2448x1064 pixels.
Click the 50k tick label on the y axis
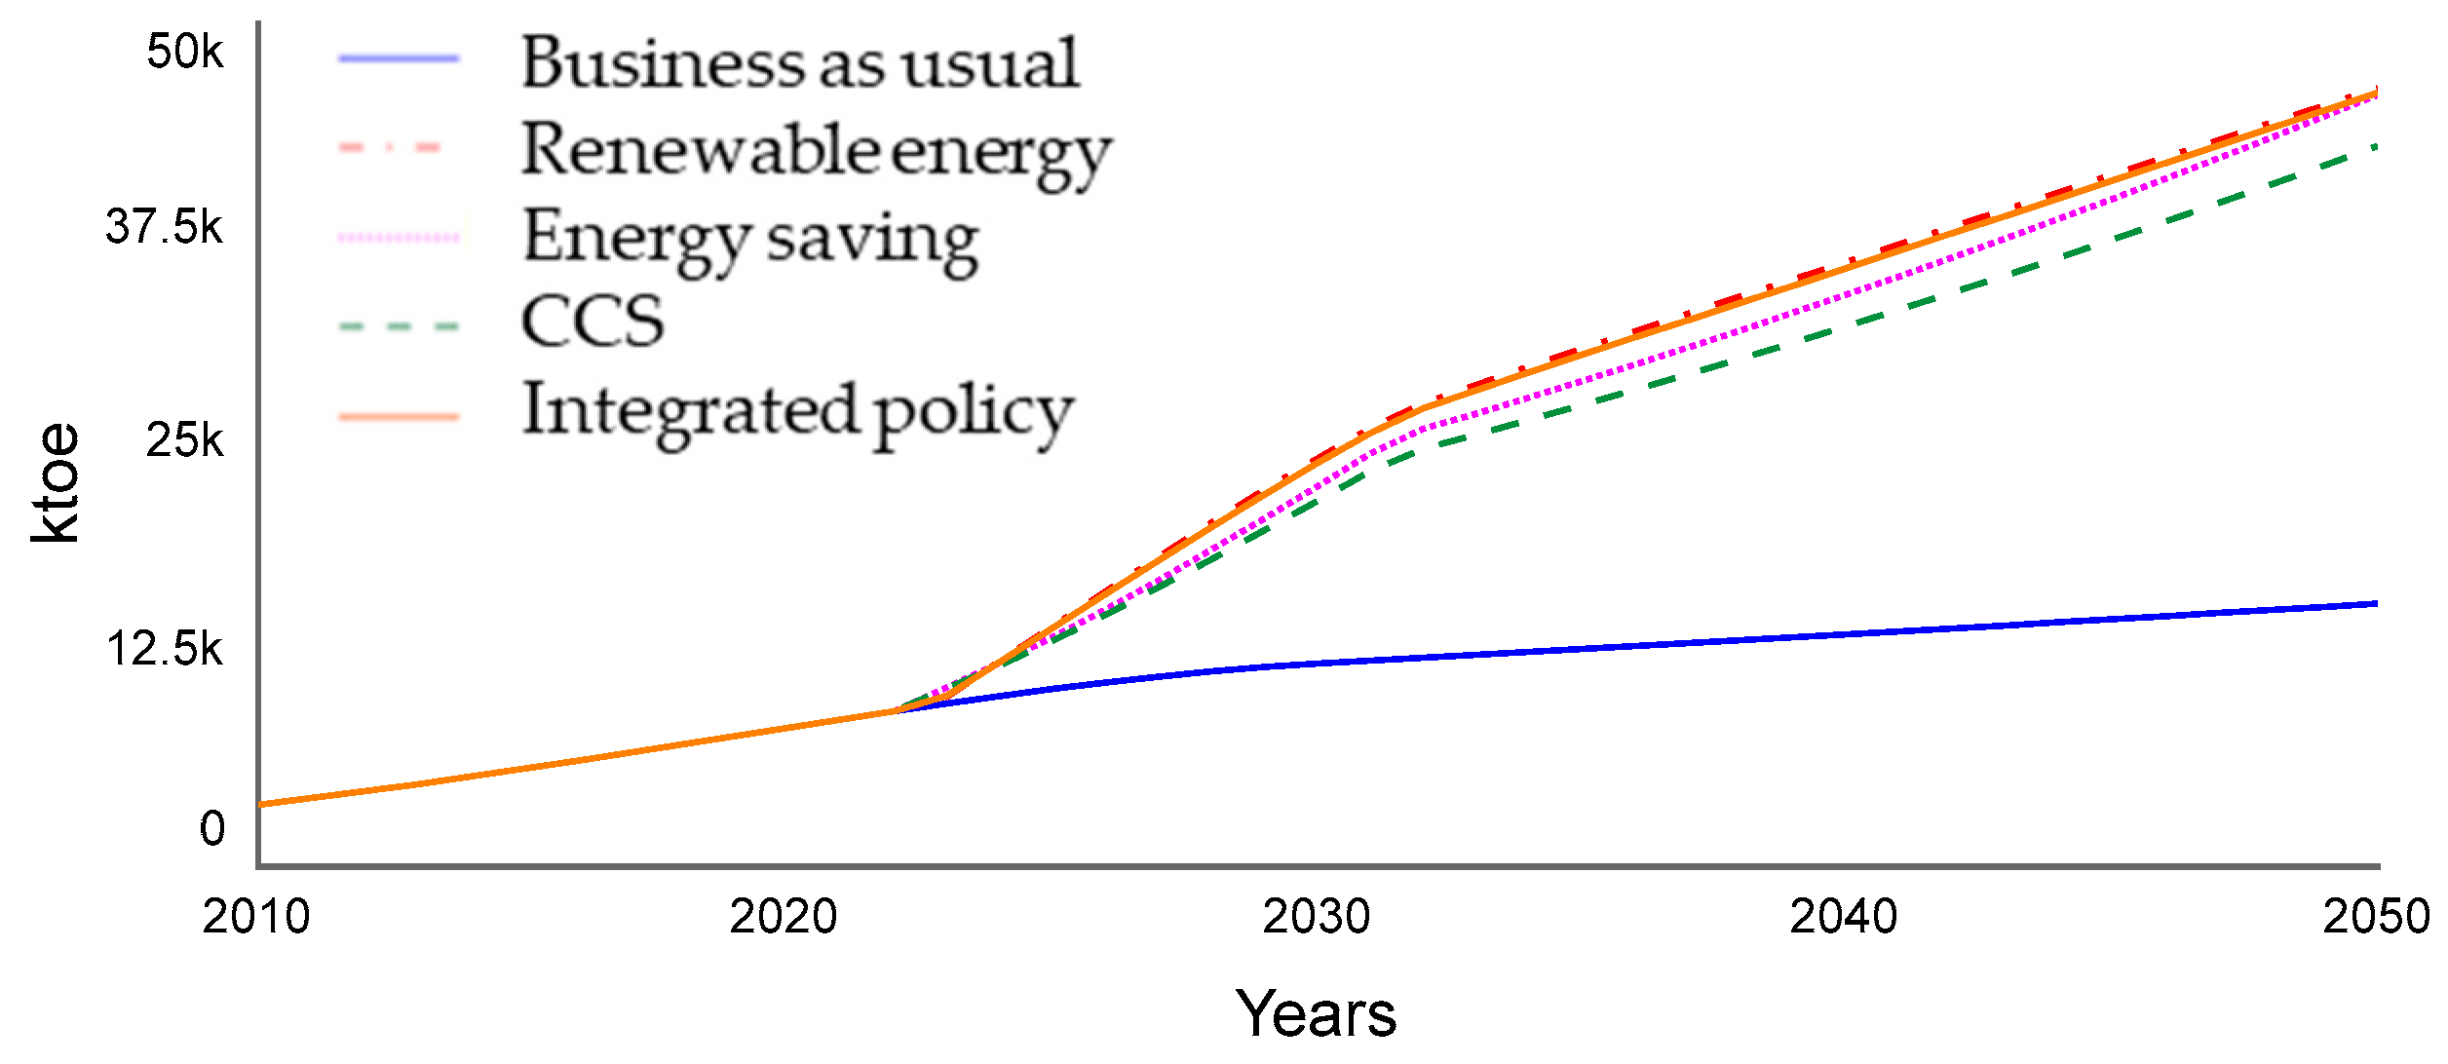click(185, 51)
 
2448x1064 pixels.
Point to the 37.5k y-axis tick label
click(164, 227)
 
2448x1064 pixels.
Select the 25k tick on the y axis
click(185, 440)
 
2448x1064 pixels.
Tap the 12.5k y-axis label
click(164, 649)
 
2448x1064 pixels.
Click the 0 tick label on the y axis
click(211, 828)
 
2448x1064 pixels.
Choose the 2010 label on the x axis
click(255, 917)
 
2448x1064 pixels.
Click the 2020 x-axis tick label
click(784, 917)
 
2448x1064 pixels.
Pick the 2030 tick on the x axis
click(1316, 917)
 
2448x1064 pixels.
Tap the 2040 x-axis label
click(1844, 917)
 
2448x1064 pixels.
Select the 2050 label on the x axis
click(2376, 917)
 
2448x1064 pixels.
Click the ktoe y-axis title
click(56, 483)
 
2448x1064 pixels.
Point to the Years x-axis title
click(1316, 1014)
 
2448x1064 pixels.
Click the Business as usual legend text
click(799, 63)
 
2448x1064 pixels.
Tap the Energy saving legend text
click(750, 240)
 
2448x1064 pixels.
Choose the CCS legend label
click(593, 322)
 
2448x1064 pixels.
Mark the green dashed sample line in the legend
click(399, 326)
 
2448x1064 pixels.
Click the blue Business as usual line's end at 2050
click(2376, 604)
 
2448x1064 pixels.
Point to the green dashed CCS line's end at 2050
click(2376, 147)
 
